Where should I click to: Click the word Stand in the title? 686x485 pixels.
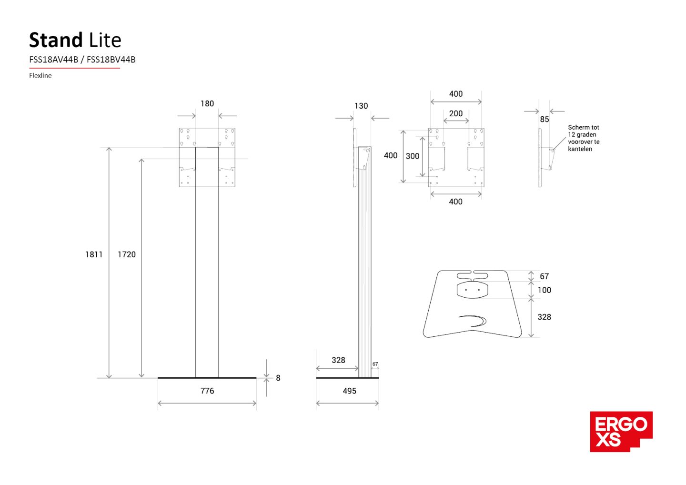56,40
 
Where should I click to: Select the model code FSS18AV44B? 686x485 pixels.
53,60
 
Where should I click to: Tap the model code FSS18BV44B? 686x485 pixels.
111,60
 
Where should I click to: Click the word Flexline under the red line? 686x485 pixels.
40,75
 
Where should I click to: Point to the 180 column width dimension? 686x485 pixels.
207,104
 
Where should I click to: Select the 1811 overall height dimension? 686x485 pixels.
94,254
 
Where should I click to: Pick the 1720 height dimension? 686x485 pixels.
127,254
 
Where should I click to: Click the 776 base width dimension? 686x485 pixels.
207,391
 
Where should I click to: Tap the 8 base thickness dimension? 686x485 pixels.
278,378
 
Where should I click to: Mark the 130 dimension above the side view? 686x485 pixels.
361,106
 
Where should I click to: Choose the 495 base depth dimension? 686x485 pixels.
349,391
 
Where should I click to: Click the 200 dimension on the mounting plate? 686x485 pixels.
455,113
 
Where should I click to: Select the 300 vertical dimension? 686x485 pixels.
413,156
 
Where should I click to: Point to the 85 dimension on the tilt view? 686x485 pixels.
545,120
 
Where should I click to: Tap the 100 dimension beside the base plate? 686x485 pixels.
544,290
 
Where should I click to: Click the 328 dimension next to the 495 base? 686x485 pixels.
338,360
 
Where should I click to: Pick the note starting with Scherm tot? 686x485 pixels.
584,138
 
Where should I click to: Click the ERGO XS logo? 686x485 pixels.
621,431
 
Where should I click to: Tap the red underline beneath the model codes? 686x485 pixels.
74,68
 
